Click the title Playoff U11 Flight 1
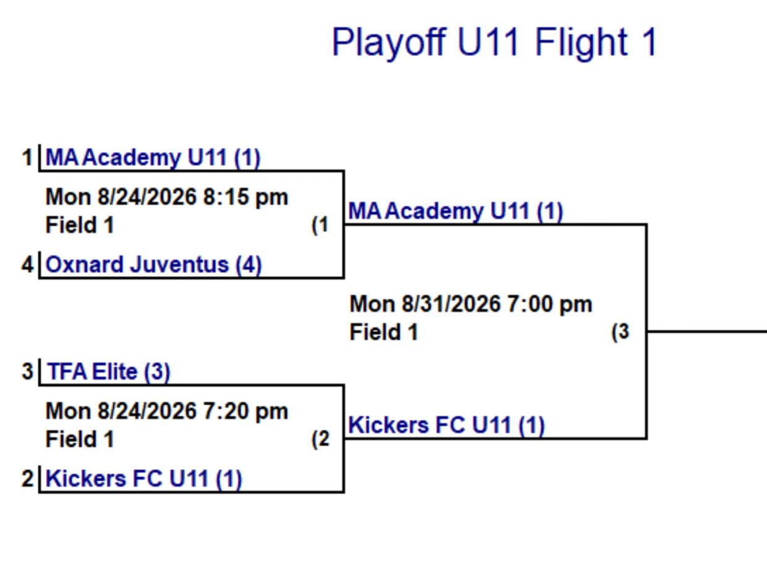coord(494,43)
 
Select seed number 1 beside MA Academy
coord(27,157)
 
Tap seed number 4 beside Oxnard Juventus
coord(28,264)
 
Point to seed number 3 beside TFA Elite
coord(28,371)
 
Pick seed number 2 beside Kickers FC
coord(28,478)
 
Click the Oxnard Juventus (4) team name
coord(153,265)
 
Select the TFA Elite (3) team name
coord(109,371)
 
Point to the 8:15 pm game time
coord(246,197)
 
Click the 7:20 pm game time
coord(246,411)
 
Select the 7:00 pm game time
coord(550,304)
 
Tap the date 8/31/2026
coord(451,304)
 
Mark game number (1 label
coord(320,225)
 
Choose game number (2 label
coord(320,439)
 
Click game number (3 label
coord(620,332)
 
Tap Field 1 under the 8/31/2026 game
coord(383,332)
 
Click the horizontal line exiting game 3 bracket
coord(707,331)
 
